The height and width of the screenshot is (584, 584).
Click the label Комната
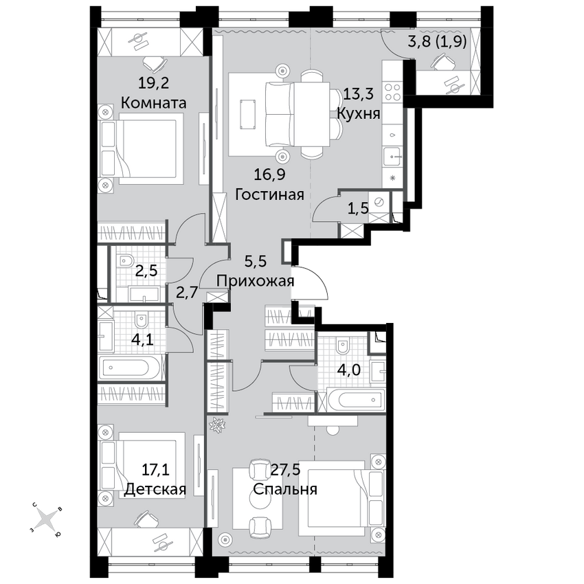pyautogui.click(x=153, y=103)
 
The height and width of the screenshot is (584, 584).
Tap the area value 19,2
pyautogui.click(x=153, y=83)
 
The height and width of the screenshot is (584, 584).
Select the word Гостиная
pyautogui.click(x=269, y=194)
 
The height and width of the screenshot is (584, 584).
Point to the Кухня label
pyautogui.click(x=359, y=113)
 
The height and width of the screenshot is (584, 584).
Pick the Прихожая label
pyautogui.click(x=256, y=281)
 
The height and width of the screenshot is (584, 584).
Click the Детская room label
pyautogui.click(x=155, y=489)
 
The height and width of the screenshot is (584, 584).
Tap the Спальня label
pyautogui.click(x=285, y=489)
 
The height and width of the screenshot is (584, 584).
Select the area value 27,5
pyautogui.click(x=286, y=470)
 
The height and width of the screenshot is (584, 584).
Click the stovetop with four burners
pyautogui.click(x=392, y=91)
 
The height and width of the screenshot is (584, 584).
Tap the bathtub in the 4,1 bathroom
pyautogui.click(x=131, y=367)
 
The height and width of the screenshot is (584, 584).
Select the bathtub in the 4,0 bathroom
pyautogui.click(x=356, y=400)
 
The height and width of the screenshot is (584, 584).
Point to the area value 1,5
pyautogui.click(x=357, y=209)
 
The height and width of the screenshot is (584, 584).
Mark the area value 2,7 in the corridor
pyautogui.click(x=187, y=293)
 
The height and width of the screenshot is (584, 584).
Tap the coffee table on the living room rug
pyautogui.click(x=248, y=114)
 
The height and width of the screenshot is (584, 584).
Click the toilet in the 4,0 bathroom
pyautogui.click(x=342, y=346)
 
